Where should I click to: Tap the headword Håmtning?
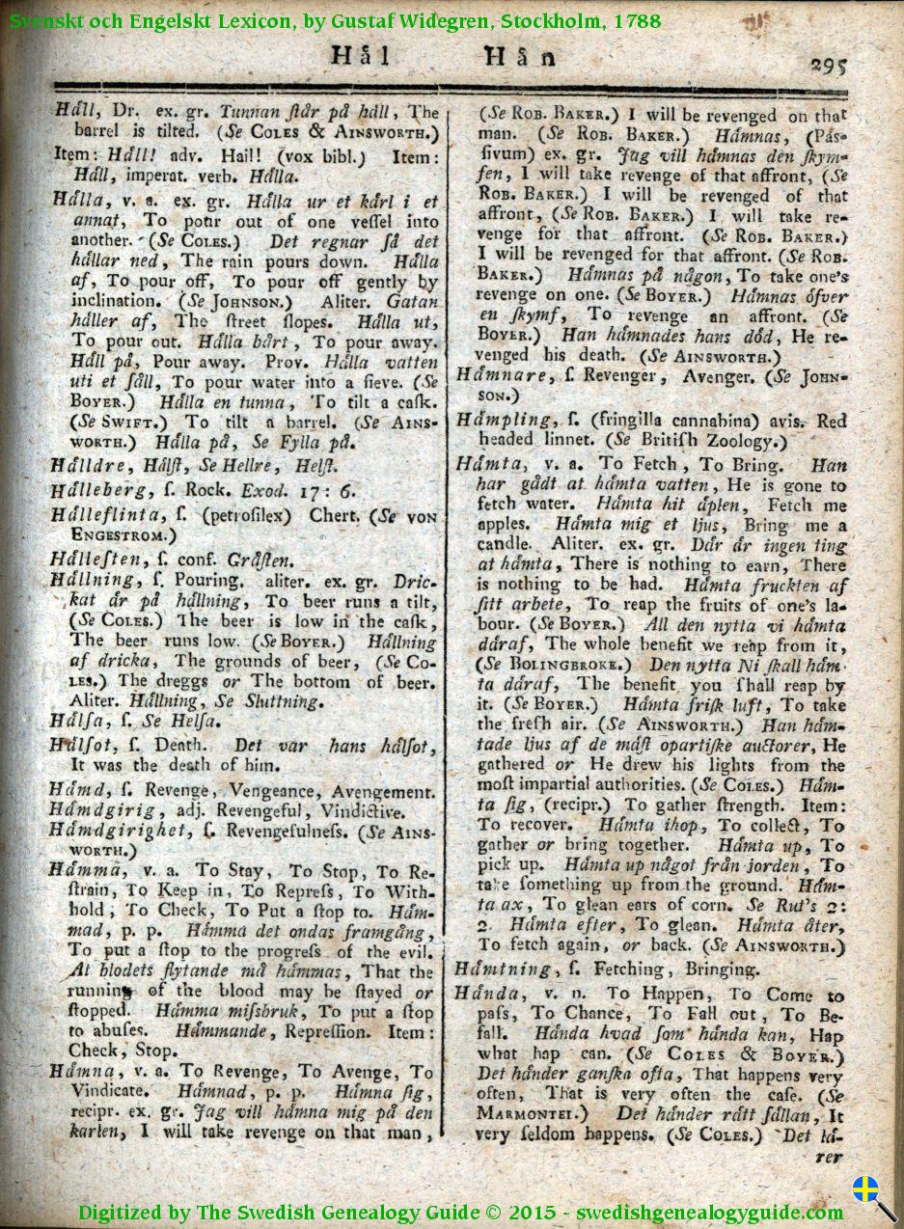coord(503,969)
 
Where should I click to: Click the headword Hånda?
coord(489,995)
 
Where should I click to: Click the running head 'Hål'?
coord(360,55)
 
